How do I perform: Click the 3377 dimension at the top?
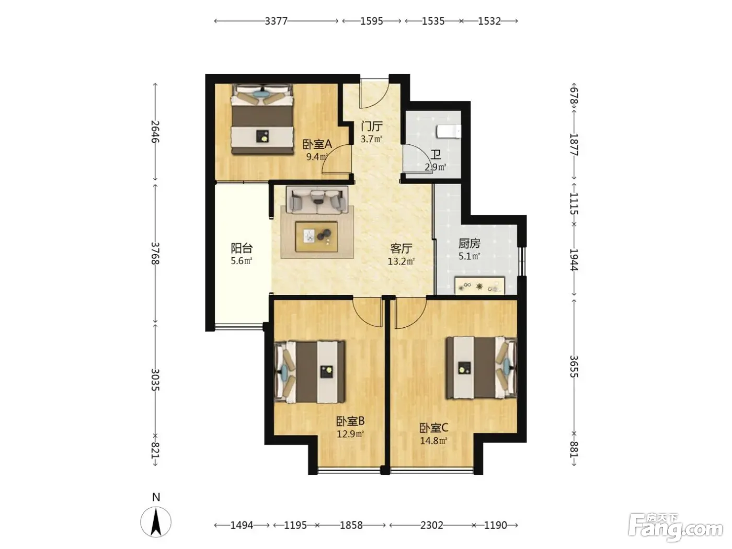coord(276,21)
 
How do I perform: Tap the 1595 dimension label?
coord(372,21)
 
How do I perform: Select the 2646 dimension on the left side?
coord(155,132)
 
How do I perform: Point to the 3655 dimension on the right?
coord(574,367)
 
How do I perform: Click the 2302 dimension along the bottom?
coord(431,525)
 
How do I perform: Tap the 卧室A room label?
coord(317,144)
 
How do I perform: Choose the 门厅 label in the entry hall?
coord(372,127)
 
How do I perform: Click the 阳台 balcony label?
coord(242,248)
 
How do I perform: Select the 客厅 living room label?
coord(401,249)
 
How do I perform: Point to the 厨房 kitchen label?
coord(469,244)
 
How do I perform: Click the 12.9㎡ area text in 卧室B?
coord(350,434)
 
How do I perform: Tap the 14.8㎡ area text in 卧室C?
coord(433,441)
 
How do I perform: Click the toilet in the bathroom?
coord(449,131)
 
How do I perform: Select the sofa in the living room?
coord(317,200)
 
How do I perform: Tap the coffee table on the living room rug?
coord(316,236)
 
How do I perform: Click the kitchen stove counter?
coord(479,285)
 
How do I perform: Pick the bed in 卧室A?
coord(262,119)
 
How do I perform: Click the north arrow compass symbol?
coord(156,522)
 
